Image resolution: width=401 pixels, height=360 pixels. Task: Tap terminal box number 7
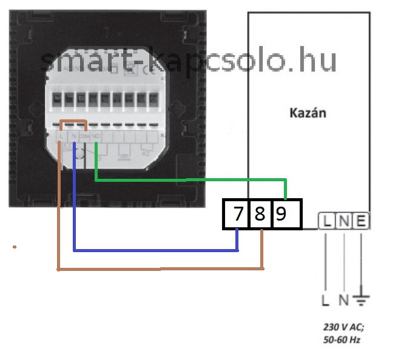pyautogui.click(x=237, y=214)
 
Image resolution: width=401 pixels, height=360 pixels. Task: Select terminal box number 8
pyautogui.click(x=260, y=214)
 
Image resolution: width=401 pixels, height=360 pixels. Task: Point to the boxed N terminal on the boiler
pyautogui.click(x=343, y=222)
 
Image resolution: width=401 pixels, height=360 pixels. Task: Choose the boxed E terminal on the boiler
pyautogui.click(x=360, y=222)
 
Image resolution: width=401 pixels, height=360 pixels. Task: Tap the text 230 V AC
pyautogui.click(x=343, y=326)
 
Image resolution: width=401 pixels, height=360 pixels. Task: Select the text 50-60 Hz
pyautogui.click(x=342, y=339)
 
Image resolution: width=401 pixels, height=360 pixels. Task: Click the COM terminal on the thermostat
pyautogui.click(x=85, y=137)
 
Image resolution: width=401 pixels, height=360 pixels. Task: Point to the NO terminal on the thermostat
pyautogui.click(x=96, y=137)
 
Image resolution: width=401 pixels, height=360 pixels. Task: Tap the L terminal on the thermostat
pyautogui.click(x=62, y=137)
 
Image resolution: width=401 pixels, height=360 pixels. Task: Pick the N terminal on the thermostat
pyautogui.click(x=73, y=137)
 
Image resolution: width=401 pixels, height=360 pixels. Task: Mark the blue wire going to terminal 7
pyautogui.click(x=152, y=249)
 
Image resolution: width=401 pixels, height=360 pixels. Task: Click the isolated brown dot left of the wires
pyautogui.click(x=15, y=247)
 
